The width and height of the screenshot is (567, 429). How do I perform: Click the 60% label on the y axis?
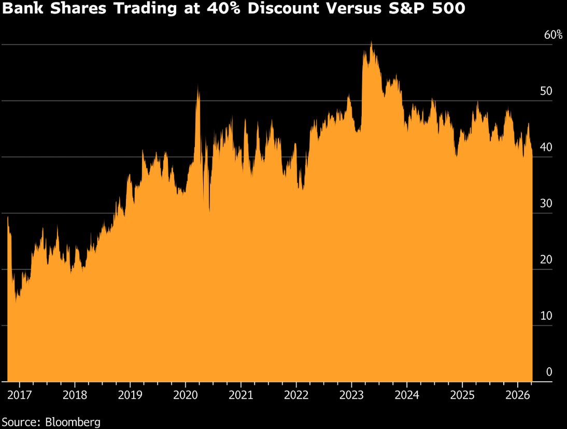(552, 35)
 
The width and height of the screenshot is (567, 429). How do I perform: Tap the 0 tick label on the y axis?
(549, 372)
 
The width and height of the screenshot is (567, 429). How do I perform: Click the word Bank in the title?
(20, 11)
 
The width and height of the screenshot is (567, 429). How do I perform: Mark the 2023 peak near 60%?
(371, 42)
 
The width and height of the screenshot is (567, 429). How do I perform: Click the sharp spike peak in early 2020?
(198, 87)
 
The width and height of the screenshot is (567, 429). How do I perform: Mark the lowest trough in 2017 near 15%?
(17, 300)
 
